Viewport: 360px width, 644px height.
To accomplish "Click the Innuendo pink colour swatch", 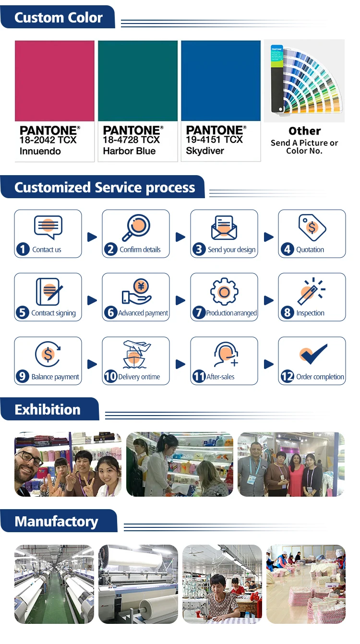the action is (x=54, y=81).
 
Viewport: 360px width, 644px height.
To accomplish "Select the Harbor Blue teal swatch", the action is (x=138, y=81).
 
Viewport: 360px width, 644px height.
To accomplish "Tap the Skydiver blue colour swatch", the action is (x=221, y=81).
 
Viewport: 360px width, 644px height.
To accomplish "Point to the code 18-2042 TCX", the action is (x=48, y=140).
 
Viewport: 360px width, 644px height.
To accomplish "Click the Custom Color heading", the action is (x=59, y=18).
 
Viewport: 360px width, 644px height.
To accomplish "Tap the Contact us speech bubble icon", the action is (x=48, y=227).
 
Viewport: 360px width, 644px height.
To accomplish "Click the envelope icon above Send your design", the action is (x=224, y=227).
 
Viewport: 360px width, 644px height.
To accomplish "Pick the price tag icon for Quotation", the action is (x=312, y=227).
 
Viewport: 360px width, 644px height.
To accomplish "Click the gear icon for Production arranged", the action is (x=224, y=291).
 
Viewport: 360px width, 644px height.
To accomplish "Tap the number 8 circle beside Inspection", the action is (x=287, y=313).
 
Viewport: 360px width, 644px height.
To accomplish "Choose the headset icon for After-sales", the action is (x=224, y=355).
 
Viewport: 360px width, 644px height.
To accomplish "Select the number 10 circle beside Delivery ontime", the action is (x=111, y=377).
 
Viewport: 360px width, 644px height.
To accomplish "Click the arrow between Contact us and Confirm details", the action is (x=92, y=237).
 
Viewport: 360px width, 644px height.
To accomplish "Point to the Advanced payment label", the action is (x=143, y=313).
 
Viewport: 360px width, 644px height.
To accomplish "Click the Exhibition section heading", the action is (x=48, y=410).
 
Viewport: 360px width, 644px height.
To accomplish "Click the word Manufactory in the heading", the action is (x=56, y=522).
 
